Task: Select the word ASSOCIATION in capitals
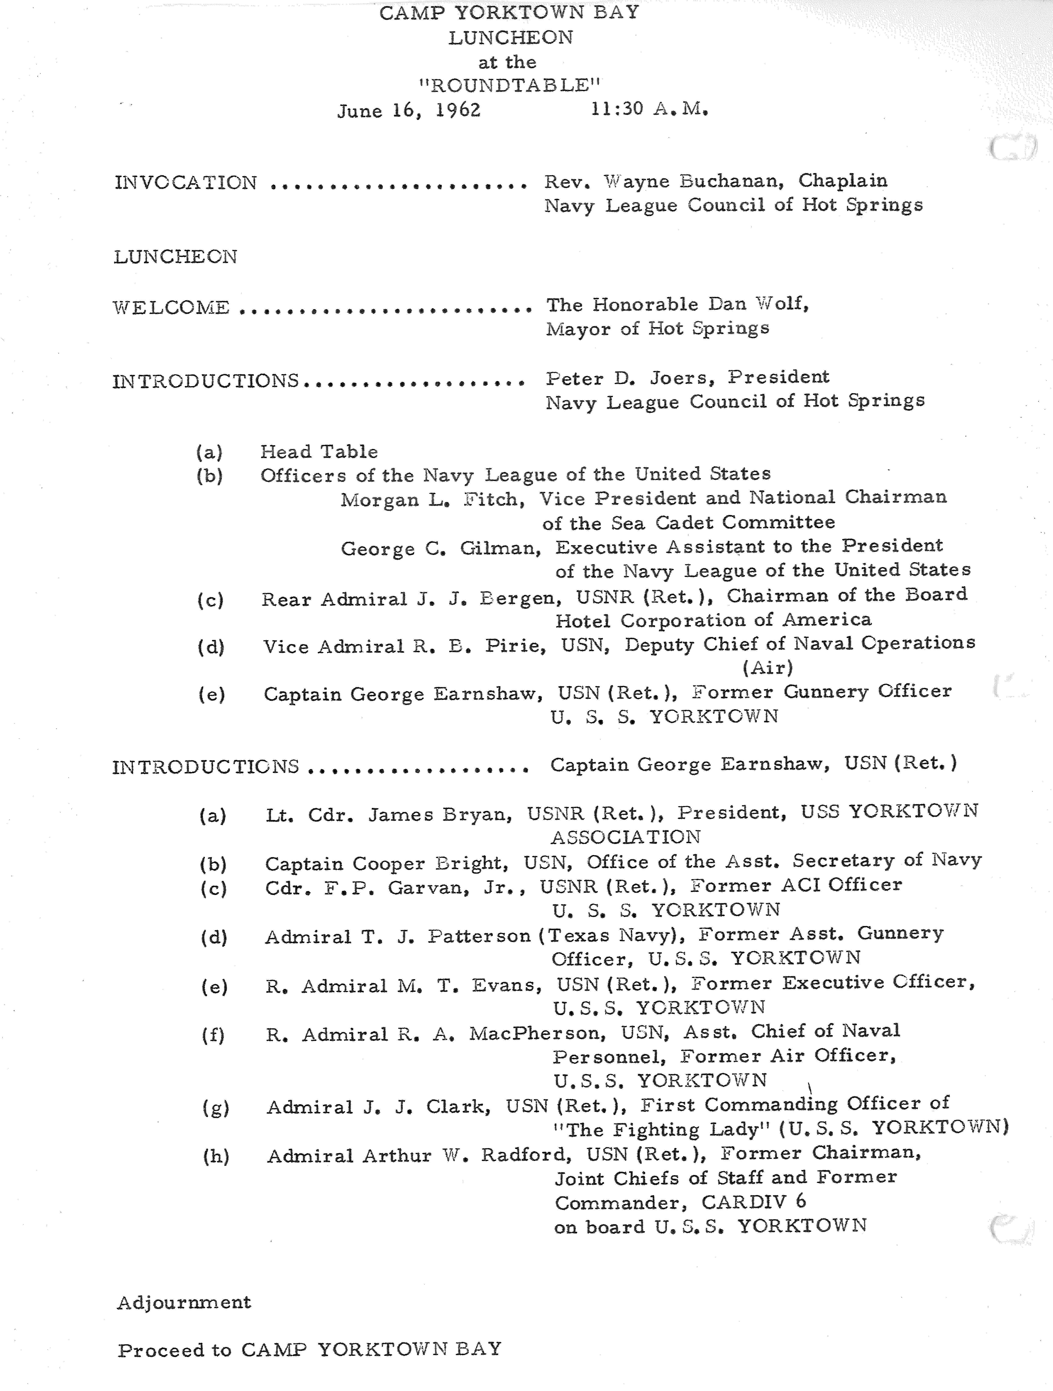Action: [x=625, y=837]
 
